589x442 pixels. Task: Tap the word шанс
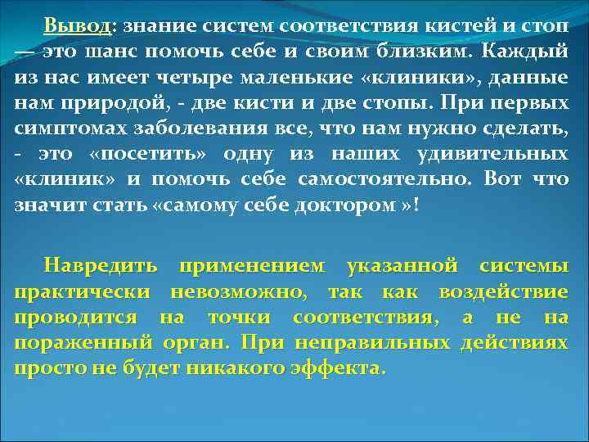pyautogui.click(x=105, y=52)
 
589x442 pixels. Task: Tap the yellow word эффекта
pyautogui.click(x=334, y=368)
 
